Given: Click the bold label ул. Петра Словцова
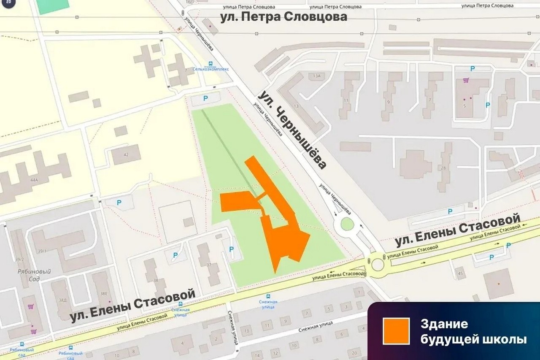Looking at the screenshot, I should [283, 17].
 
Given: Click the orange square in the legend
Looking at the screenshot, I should [396, 331].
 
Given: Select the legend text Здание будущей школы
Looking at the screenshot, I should [473, 331].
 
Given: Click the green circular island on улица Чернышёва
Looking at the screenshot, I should [347, 224].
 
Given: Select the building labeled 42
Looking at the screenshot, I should [126, 154].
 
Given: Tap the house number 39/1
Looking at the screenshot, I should [42, 251].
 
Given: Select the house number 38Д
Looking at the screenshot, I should [63, 300].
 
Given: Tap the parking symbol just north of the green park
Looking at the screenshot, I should [206, 98].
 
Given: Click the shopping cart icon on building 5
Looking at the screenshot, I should [466, 80].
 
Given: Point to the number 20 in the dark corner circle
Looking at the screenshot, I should [8, 2].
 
